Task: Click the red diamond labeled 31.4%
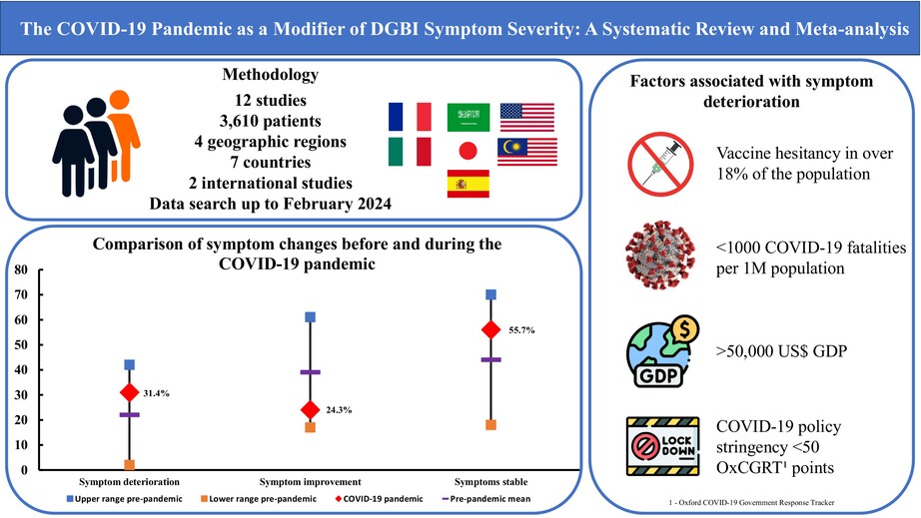tap(129, 392)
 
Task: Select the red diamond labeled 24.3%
tap(310, 409)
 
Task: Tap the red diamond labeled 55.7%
tap(490, 330)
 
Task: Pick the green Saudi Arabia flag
tap(467, 117)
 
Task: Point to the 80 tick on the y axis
tap(19, 270)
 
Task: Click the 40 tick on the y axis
tap(19, 370)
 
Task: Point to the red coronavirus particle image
tap(659, 257)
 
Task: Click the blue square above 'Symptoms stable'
tap(490, 294)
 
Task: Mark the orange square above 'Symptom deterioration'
tap(129, 465)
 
